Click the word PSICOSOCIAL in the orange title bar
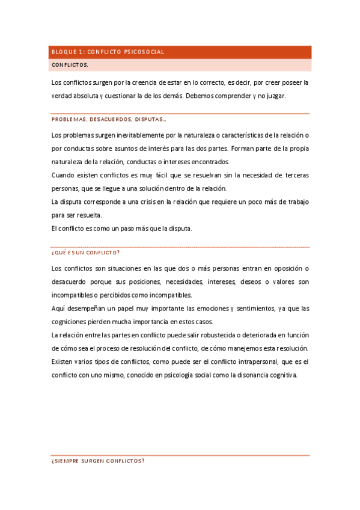144,52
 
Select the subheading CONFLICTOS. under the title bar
70,64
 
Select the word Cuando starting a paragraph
63,175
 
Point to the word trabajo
294,201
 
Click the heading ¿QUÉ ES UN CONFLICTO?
86,253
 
